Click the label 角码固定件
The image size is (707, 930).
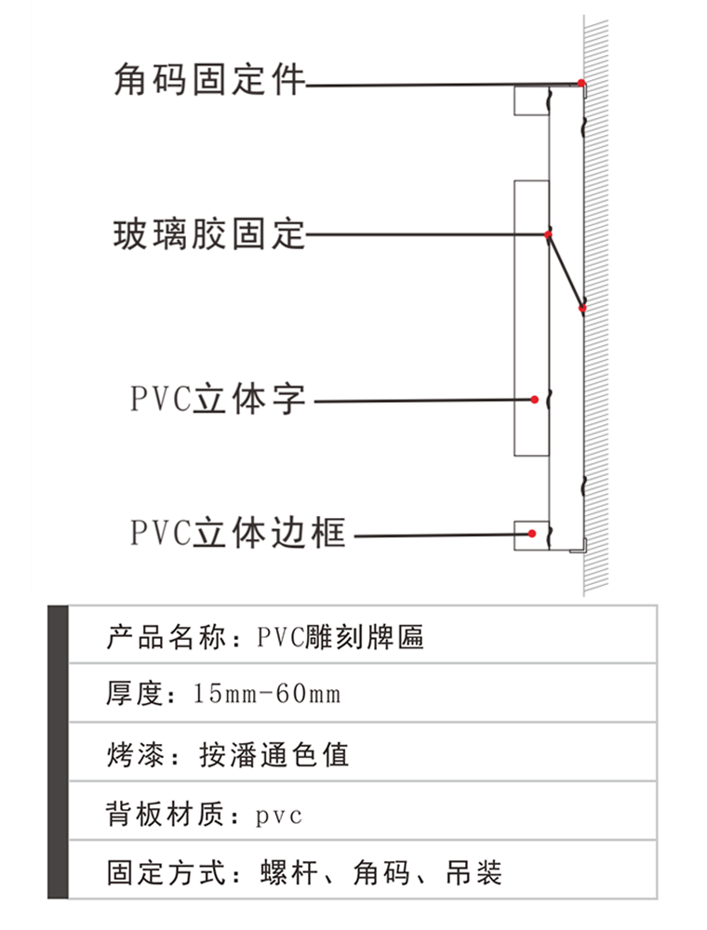[209, 80]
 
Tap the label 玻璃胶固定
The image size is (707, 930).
[209, 233]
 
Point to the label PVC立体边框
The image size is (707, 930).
[237, 534]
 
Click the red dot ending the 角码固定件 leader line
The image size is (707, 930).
[581, 84]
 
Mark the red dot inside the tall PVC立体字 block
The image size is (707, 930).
[535, 399]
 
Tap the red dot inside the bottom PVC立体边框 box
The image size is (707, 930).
[531, 534]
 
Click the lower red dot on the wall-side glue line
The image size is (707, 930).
[582, 308]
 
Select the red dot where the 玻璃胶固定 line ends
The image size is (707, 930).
[549, 234]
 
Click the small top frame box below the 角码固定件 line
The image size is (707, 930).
[531, 100]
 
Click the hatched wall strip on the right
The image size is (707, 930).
[596, 307]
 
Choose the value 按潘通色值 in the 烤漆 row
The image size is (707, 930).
[274, 753]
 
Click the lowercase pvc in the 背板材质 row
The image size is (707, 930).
[278, 816]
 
